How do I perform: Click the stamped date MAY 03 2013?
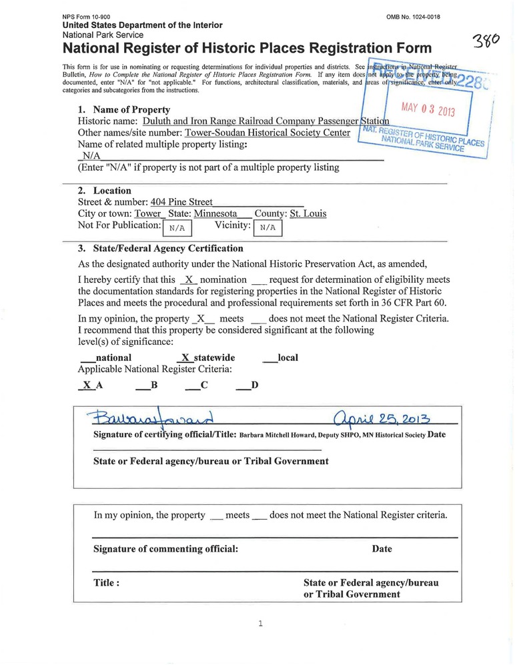pos(428,109)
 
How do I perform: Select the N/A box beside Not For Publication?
pos(177,228)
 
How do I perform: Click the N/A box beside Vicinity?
pos(268,228)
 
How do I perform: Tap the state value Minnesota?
pos(215,214)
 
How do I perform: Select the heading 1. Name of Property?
pos(124,109)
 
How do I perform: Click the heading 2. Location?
pos(105,191)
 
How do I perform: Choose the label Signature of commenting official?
pos(165,549)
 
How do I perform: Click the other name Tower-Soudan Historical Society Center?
pos(268,133)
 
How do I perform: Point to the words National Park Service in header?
pos(103,34)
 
